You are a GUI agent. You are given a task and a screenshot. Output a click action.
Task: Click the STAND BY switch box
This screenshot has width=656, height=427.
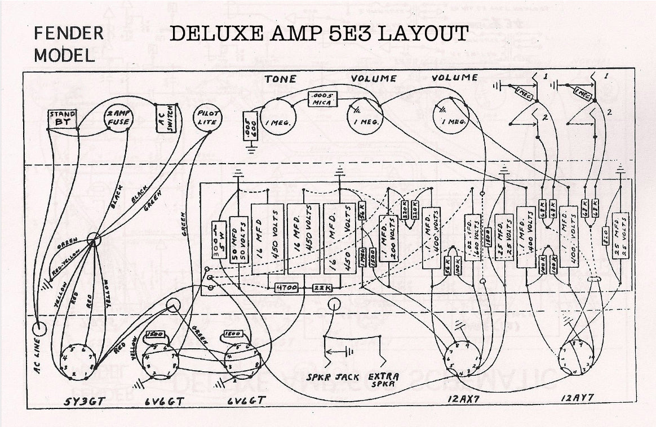[63, 118]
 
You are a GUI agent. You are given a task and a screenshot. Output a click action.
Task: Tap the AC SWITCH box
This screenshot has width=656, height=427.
[166, 118]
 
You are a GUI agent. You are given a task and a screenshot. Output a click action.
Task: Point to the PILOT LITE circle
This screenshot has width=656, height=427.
[207, 118]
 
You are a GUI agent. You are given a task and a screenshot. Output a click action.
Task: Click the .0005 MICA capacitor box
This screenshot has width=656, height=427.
[322, 100]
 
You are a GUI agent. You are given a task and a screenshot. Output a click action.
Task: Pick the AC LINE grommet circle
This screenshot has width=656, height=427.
[39, 327]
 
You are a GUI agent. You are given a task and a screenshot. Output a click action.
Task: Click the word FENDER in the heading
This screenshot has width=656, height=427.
[69, 33]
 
